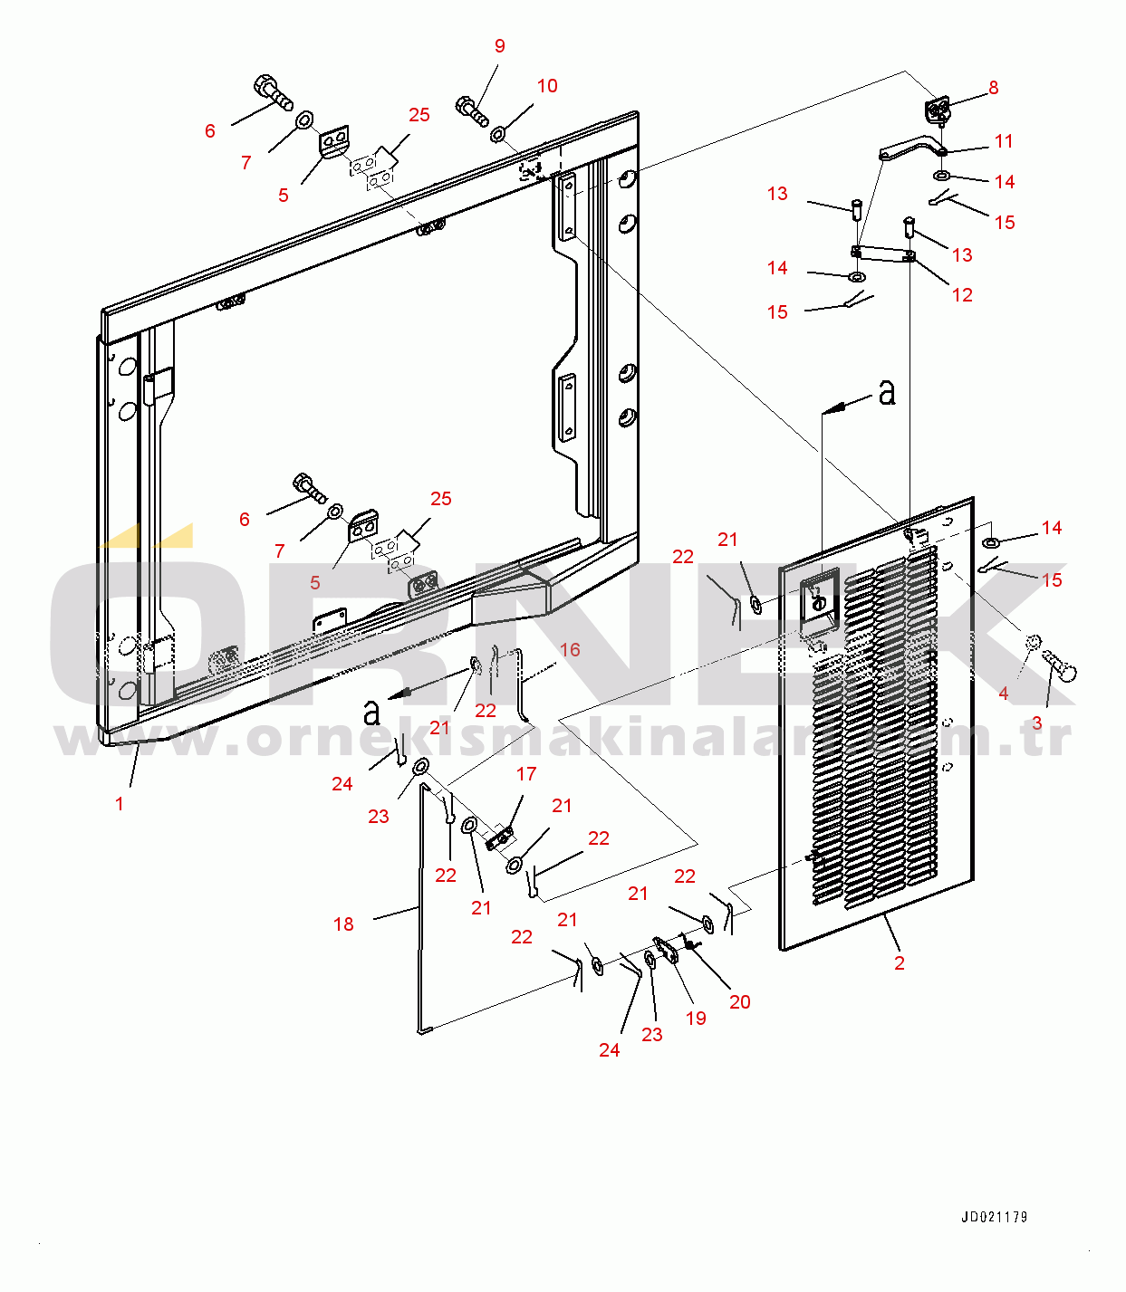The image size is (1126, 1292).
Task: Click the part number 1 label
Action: coord(119,804)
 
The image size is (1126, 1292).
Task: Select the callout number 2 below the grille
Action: coord(899,963)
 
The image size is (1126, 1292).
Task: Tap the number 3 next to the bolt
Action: coord(1037,723)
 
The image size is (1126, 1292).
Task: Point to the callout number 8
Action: coord(994,88)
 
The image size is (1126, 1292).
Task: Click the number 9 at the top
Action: coord(500,46)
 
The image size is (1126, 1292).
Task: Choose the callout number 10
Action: coord(547,86)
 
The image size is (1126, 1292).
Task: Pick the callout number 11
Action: coord(1004,141)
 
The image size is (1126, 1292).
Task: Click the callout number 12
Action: coord(962,295)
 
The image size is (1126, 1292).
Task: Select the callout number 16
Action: coord(570,650)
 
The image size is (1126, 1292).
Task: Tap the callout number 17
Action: coord(526,774)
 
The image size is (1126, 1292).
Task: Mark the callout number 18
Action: coord(343,924)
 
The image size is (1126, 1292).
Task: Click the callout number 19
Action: coord(696,1019)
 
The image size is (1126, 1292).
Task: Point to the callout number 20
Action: coord(740,1002)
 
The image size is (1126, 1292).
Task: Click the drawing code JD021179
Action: coord(994,1217)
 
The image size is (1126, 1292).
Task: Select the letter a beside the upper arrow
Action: coord(887,392)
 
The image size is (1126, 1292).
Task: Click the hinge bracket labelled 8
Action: coord(938,111)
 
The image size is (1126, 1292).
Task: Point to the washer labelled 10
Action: coord(498,135)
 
